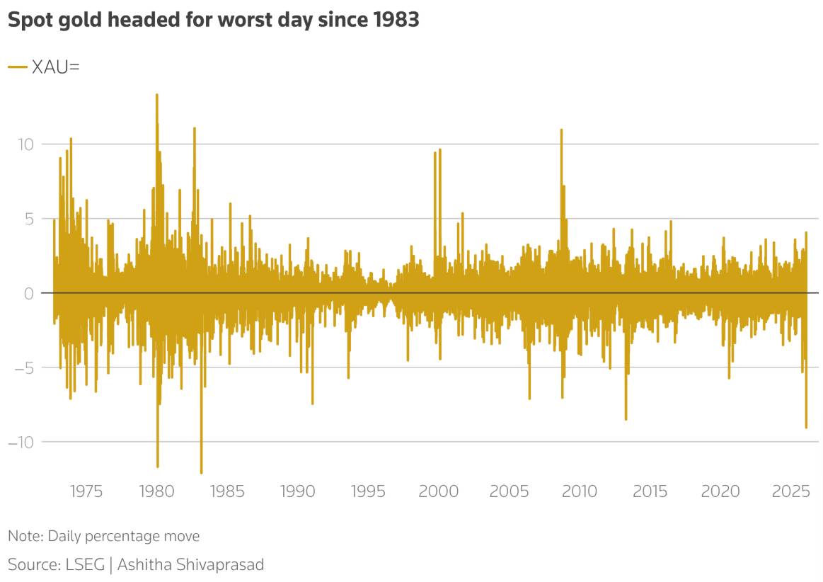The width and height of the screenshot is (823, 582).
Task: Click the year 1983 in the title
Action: click(x=396, y=20)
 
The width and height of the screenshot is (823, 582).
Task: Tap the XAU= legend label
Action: click(x=56, y=67)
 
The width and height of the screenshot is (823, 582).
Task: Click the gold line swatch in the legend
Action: click(x=18, y=67)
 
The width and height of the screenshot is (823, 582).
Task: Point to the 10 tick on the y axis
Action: click(x=25, y=144)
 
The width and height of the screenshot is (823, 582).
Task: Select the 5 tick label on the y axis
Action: click(x=30, y=219)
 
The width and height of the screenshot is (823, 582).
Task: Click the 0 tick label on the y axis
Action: click(x=30, y=293)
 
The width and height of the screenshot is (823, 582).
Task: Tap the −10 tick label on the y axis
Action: click(x=21, y=443)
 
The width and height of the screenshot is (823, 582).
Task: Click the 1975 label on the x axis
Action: click(x=86, y=491)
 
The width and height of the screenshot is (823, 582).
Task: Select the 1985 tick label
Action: click(x=226, y=491)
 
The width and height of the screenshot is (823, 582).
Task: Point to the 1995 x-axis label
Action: click(x=368, y=491)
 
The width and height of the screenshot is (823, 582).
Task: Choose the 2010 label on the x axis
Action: click(x=580, y=491)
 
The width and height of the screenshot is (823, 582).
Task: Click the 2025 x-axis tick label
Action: click(x=791, y=491)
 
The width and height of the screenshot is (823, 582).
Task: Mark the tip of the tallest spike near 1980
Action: click(x=157, y=95)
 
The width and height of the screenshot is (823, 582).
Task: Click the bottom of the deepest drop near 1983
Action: click(x=201, y=473)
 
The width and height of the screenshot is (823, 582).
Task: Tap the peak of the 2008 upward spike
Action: click(x=562, y=130)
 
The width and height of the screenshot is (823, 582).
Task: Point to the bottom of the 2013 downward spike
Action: click(x=626, y=419)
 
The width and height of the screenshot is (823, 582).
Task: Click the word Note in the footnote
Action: click(x=24, y=536)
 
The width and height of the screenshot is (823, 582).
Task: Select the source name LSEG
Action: click(x=85, y=564)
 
